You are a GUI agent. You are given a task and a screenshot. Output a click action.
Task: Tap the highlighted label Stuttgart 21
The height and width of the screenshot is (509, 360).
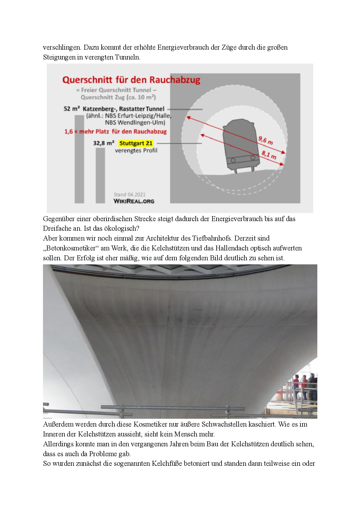click(x=136, y=143)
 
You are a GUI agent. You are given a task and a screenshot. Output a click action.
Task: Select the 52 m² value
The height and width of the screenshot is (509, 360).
click(x=71, y=109)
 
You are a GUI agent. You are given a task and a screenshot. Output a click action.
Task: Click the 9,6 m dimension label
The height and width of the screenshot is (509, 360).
click(x=265, y=141)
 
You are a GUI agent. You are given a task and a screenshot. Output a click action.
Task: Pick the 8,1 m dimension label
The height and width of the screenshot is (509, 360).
click(x=269, y=155)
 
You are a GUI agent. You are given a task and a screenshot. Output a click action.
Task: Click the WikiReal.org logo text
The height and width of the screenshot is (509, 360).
click(x=134, y=201)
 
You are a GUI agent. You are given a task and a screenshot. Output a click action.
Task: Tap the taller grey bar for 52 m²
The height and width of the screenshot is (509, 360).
click(x=79, y=159)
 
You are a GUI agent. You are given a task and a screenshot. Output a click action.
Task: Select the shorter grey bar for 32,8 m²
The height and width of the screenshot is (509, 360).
click(x=100, y=175)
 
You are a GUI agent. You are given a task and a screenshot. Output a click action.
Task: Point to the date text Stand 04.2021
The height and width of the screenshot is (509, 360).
click(x=129, y=194)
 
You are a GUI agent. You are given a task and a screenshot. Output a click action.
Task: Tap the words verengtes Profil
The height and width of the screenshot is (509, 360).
click(x=136, y=150)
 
